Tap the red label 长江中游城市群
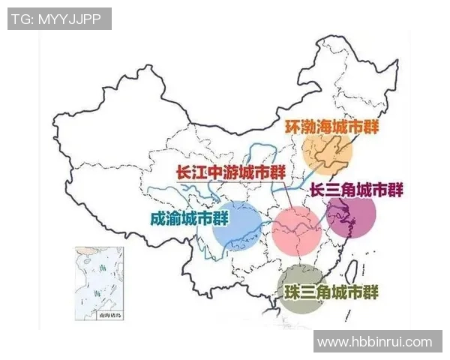point(224,171)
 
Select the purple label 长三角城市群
point(356,190)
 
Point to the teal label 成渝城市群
point(190,219)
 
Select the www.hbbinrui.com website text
point(375,341)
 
